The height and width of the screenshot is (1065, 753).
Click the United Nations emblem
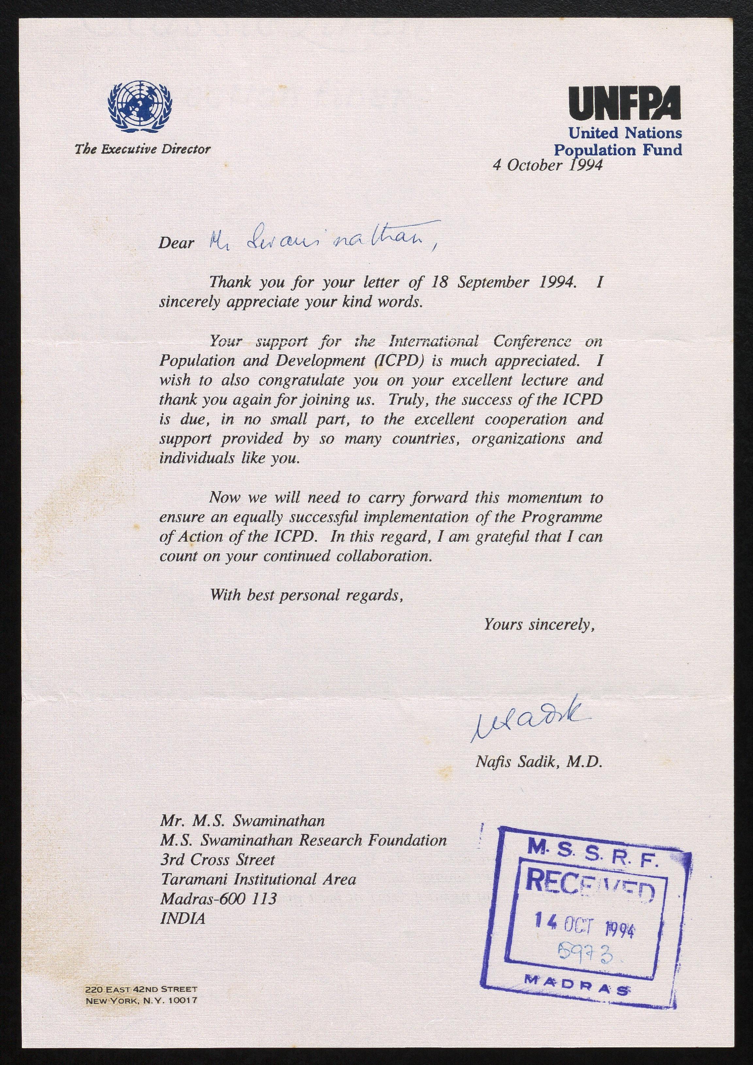click(x=139, y=107)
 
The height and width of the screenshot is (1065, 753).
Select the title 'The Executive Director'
click(x=143, y=149)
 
